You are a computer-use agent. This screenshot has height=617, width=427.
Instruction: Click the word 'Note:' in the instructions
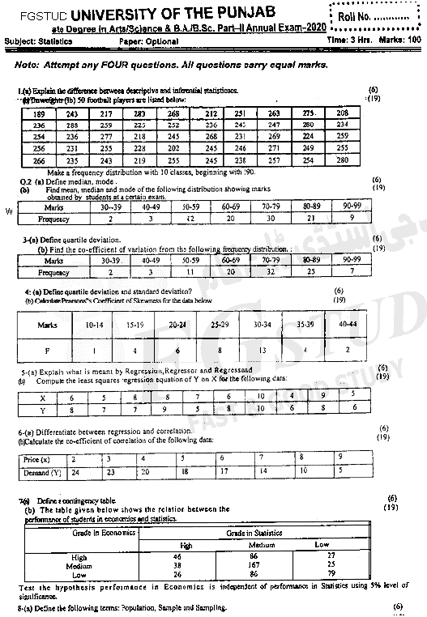click(x=28, y=64)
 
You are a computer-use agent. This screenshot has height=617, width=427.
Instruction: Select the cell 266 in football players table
click(x=37, y=161)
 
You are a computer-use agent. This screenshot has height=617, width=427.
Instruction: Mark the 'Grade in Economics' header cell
click(x=102, y=534)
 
